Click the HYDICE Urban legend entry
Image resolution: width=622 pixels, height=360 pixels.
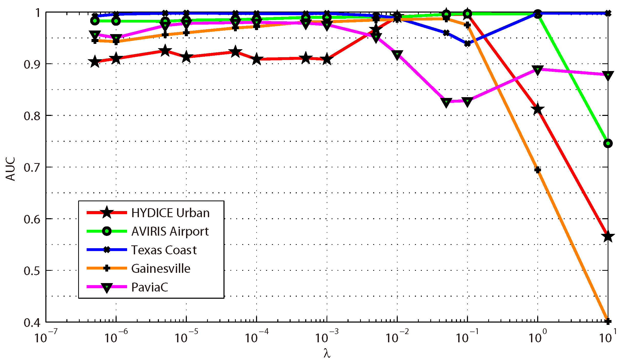[x=170, y=213]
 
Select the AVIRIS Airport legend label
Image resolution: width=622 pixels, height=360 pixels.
[x=170, y=231]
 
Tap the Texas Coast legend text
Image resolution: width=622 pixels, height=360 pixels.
[x=164, y=250]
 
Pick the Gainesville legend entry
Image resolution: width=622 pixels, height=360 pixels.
[x=161, y=268]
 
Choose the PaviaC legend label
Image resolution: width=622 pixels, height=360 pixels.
[x=150, y=287]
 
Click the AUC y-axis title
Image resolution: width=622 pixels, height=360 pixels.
[x=11, y=169]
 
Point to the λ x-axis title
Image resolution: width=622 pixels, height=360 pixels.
[x=327, y=353]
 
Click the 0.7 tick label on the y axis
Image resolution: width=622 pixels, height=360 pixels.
[x=32, y=168]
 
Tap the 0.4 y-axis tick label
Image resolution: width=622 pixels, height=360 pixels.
[x=32, y=323]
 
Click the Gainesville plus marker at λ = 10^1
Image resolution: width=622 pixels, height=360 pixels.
[x=608, y=321]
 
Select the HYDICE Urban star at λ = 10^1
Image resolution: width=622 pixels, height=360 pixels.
[x=608, y=236]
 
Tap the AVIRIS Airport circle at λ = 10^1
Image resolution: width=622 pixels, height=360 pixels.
[x=608, y=143]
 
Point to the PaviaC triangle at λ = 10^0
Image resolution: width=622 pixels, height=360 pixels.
[x=538, y=69]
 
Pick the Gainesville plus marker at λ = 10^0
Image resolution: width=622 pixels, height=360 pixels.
[x=538, y=170]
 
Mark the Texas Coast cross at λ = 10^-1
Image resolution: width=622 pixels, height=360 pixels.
[x=467, y=44]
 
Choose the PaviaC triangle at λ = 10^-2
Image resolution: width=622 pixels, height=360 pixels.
[x=397, y=55]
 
